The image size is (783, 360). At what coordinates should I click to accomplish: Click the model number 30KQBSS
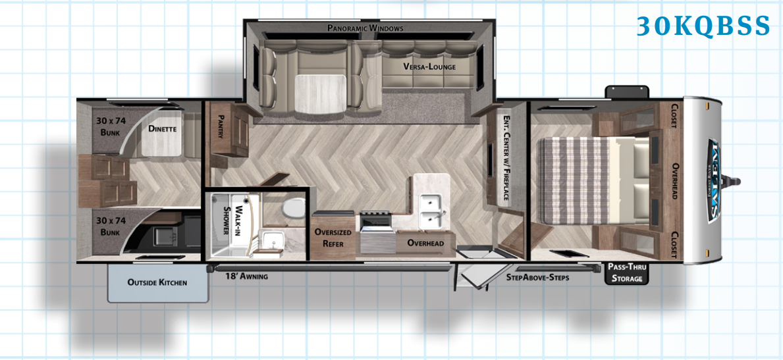click(703, 26)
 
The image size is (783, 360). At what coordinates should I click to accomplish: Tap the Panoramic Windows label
click(365, 28)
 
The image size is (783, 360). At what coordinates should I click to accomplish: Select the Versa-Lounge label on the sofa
click(429, 66)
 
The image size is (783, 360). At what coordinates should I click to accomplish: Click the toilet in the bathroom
click(293, 208)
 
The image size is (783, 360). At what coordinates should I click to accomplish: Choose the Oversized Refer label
click(333, 238)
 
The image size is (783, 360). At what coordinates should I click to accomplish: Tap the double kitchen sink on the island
click(431, 211)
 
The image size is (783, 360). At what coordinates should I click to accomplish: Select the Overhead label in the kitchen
click(425, 243)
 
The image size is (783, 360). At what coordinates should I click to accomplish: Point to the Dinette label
click(162, 129)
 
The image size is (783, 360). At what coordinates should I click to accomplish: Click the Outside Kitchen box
click(158, 282)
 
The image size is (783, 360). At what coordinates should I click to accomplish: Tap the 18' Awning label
click(246, 276)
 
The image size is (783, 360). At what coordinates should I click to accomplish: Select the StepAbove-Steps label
click(537, 277)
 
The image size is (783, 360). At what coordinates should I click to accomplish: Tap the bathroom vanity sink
click(272, 243)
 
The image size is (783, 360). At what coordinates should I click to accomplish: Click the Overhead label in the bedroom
click(674, 181)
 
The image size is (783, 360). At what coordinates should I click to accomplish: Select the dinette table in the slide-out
click(319, 93)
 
